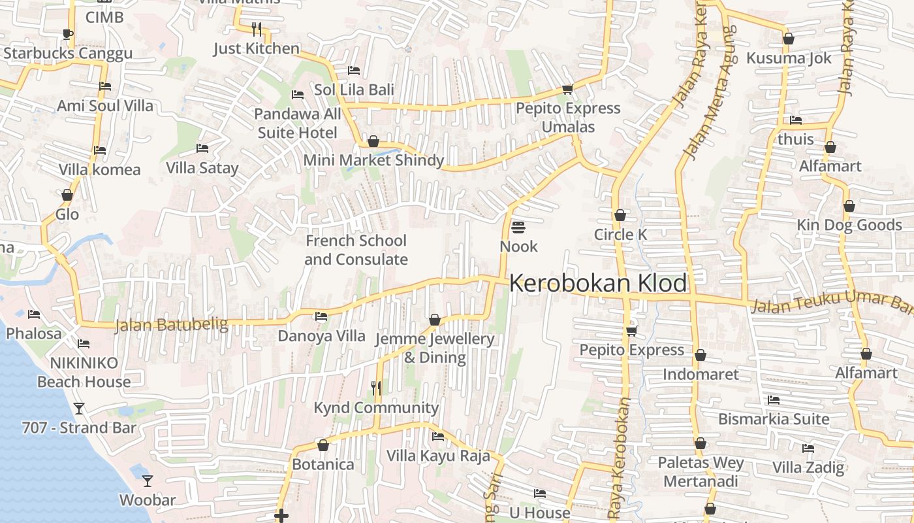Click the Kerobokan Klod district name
point(597,284)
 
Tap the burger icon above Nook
point(519,228)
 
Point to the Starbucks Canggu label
point(68,54)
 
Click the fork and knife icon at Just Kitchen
point(257,29)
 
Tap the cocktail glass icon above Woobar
point(148,481)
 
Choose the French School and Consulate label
point(356,250)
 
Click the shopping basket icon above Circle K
point(620,215)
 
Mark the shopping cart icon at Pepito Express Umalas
point(567,89)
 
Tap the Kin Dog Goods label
point(849,225)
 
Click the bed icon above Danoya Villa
point(321,316)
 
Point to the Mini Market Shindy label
point(373,160)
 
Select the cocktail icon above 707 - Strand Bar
point(79,409)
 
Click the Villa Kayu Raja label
point(438,456)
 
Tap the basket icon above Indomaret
point(701,356)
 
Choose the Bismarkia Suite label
point(774,419)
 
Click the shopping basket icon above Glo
point(67,195)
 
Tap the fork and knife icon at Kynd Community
point(376,388)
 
